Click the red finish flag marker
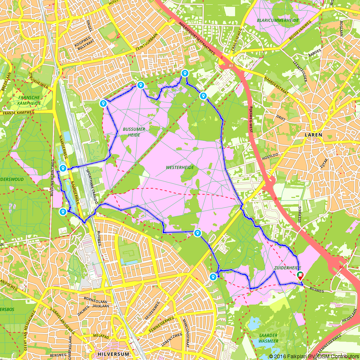click(x=300, y=276)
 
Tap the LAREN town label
click(x=313, y=135)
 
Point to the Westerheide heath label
click(x=180, y=167)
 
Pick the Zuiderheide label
click(x=287, y=268)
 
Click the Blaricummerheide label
click(x=278, y=21)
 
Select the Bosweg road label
click(x=316, y=290)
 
